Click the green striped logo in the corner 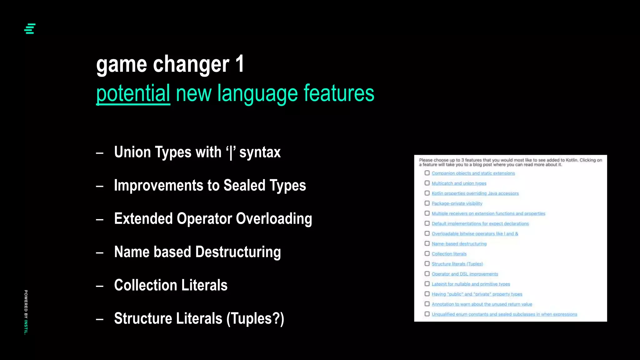[x=30, y=29]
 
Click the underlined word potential [x=133, y=93]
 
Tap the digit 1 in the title [x=240, y=64]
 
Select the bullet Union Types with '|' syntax [x=197, y=152]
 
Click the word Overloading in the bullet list [x=274, y=218]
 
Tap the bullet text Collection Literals [x=171, y=285]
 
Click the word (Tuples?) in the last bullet [x=255, y=318]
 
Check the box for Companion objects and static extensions [x=427, y=173]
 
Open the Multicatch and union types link [x=459, y=183]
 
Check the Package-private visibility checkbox [x=427, y=203]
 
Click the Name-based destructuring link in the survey [x=459, y=244]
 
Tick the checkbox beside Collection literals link [x=427, y=253]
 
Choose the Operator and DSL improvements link [x=465, y=274]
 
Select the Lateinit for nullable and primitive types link [x=471, y=284]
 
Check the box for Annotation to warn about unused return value [x=427, y=304]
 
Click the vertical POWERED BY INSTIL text [x=26, y=312]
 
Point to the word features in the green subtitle [x=339, y=93]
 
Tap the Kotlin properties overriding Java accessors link [x=475, y=193]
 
